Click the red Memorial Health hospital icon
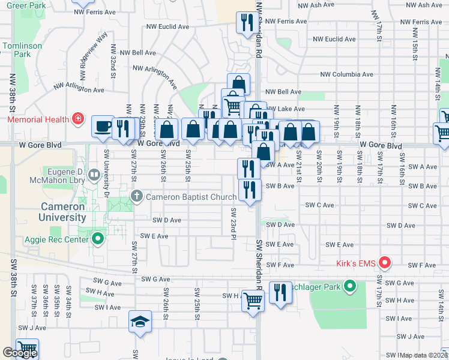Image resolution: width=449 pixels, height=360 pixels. (77, 119)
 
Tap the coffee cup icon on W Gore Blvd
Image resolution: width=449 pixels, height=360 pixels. (102, 127)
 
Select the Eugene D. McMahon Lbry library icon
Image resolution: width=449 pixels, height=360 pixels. (93, 175)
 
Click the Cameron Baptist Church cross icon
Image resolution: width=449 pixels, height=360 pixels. (137, 196)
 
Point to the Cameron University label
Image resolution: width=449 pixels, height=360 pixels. (63, 212)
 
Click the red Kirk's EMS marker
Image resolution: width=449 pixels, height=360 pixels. (385, 263)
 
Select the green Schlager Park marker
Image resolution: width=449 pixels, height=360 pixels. (351, 286)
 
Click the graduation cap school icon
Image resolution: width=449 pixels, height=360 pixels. (140, 322)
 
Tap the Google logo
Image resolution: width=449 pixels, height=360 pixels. (20, 353)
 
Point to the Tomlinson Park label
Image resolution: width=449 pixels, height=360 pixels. (22, 50)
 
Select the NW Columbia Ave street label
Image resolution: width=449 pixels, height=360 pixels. (346, 75)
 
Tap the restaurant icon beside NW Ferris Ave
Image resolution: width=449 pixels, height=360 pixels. (246, 23)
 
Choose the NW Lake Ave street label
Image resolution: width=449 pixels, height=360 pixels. (285, 109)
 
